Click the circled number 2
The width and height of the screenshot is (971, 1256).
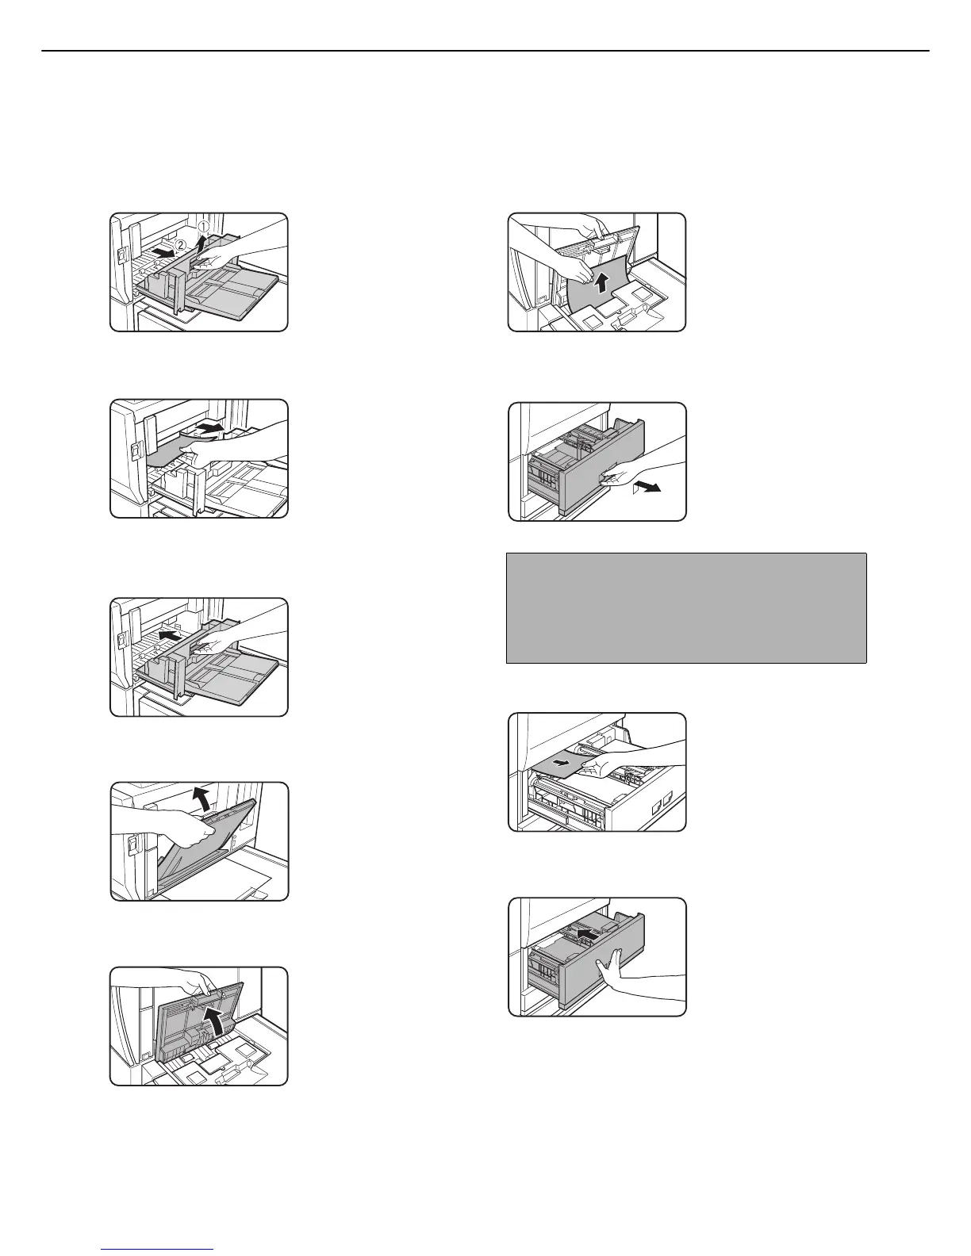(181, 244)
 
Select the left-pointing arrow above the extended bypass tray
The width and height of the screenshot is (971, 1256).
(167, 635)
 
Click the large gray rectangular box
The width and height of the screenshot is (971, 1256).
(686, 607)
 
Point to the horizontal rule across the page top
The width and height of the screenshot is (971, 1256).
(485, 52)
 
